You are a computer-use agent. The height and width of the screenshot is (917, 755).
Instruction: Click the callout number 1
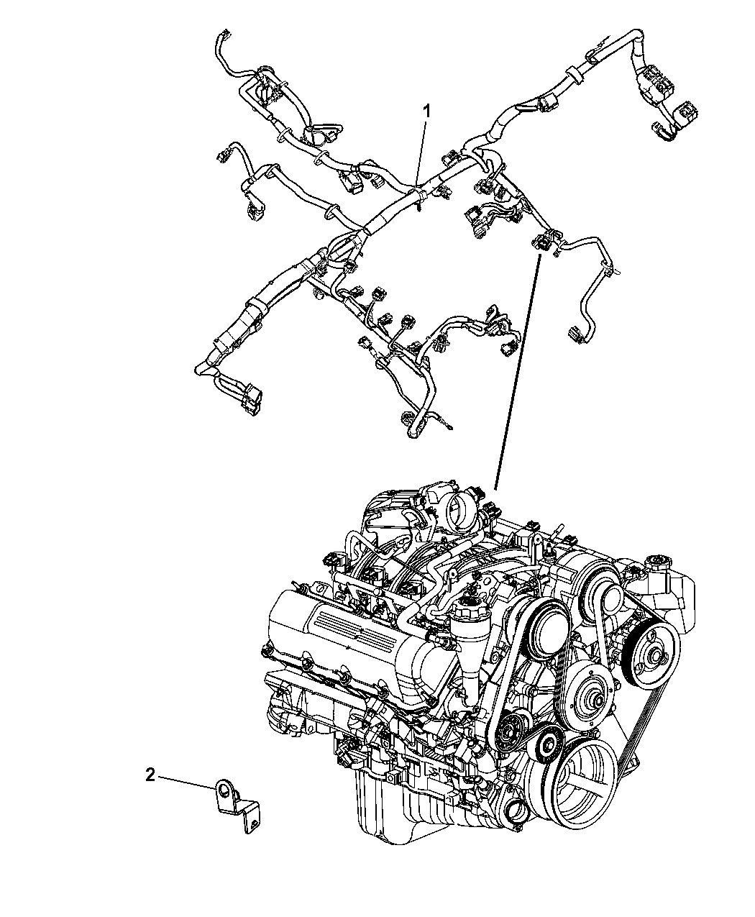point(426,111)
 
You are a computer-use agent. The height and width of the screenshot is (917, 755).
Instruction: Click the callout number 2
point(150,775)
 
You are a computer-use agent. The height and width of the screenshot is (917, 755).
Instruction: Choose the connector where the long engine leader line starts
point(541,242)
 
